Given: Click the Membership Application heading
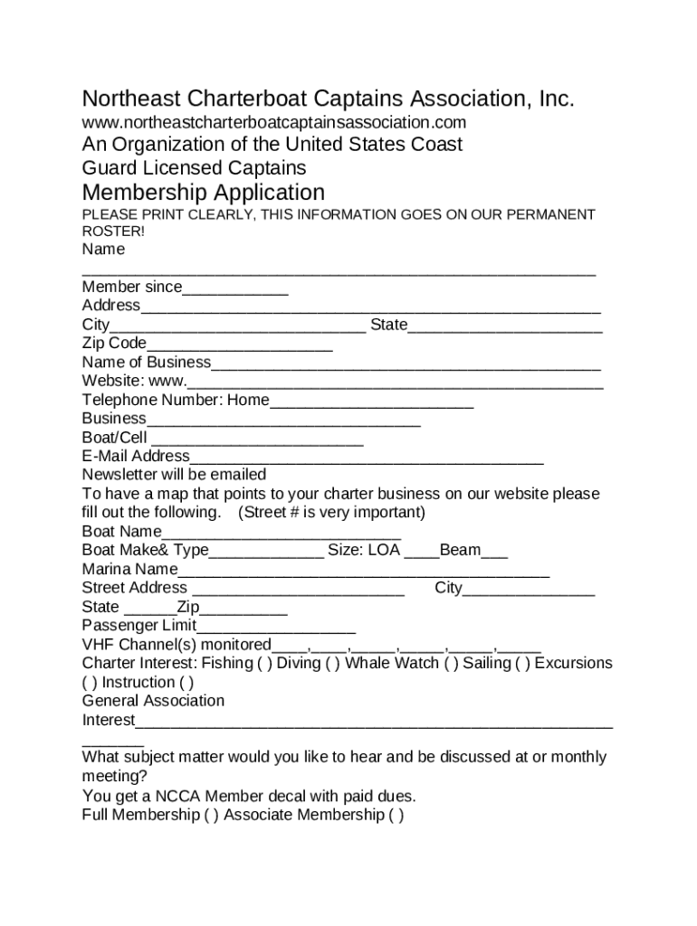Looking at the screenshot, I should click(x=203, y=193).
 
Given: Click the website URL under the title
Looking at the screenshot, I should click(x=273, y=122).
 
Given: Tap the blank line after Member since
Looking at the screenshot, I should click(x=235, y=288).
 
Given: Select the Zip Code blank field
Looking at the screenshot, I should click(x=239, y=345).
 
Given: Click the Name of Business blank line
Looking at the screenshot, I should click(x=406, y=364).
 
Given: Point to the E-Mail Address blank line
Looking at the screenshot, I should click(x=367, y=458).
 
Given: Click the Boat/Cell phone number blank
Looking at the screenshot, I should click(x=257, y=439).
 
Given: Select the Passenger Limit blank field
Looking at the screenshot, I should click(x=276, y=627).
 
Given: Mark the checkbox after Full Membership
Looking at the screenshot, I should click(x=212, y=816).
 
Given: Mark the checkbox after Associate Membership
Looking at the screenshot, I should click(x=396, y=816).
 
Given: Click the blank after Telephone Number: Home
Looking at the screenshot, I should click(x=371, y=401).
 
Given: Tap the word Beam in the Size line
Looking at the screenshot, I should click(x=460, y=551).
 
